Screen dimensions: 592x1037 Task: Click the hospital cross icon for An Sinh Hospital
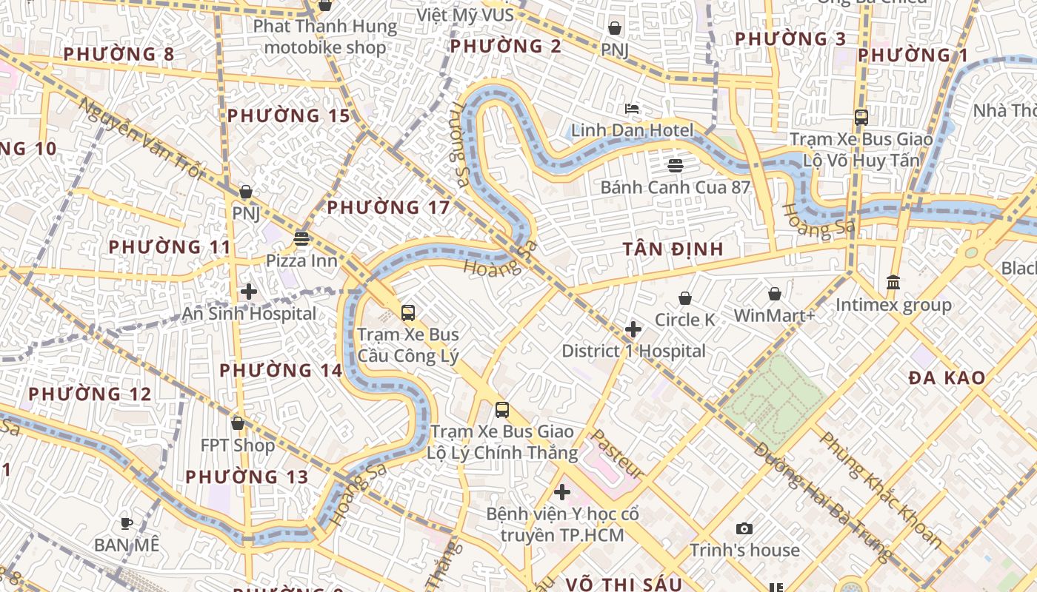pos(249,292)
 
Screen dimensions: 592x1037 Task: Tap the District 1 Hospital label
pos(633,351)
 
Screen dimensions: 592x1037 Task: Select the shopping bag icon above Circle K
pos(685,298)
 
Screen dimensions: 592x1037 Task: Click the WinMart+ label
pos(774,315)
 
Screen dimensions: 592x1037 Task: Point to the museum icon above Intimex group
pos(893,283)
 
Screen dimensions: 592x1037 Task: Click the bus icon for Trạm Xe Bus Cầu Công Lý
pos(408,312)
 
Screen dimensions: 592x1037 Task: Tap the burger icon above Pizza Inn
pos(301,238)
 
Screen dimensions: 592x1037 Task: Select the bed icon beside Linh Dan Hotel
pos(632,110)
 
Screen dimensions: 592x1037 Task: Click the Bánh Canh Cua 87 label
pos(675,187)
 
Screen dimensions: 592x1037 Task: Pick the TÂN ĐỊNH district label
pos(673,249)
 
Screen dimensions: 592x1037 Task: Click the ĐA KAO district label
pos(947,378)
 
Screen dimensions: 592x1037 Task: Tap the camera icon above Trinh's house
pos(744,528)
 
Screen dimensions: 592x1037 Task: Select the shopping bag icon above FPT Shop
pos(238,423)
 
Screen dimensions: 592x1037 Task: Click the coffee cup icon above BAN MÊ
pos(127,523)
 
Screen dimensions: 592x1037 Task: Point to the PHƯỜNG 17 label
pos(388,207)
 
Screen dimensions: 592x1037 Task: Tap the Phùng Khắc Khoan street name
pos(880,490)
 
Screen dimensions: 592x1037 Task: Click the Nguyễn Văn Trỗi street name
pos(139,138)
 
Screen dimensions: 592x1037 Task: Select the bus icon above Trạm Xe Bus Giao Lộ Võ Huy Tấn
pos(861,117)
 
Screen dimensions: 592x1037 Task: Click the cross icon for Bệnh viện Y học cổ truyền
pos(562,491)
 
